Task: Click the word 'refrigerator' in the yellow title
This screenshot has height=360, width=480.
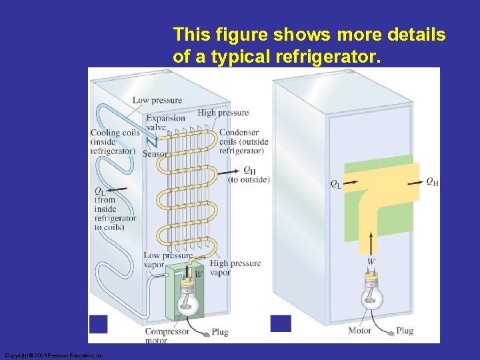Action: [x=329, y=57]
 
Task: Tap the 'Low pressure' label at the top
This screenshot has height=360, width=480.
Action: [x=157, y=101]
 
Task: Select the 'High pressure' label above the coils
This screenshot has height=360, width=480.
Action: [x=223, y=113]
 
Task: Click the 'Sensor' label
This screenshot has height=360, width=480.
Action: [x=155, y=154]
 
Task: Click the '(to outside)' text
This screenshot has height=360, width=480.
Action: [x=249, y=180]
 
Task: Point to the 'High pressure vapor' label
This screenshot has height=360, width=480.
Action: [x=235, y=267]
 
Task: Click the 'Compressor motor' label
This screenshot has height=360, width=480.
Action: [x=167, y=336]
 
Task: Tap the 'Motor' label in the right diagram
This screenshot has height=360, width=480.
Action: [x=360, y=331]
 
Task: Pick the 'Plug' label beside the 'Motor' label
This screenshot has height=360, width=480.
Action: [x=405, y=331]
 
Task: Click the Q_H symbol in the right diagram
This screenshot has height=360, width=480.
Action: [x=432, y=182]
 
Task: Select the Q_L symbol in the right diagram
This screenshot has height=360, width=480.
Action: [x=335, y=184]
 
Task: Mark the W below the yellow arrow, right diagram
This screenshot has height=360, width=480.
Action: [x=371, y=261]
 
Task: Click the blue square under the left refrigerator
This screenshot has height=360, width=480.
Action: [x=99, y=324]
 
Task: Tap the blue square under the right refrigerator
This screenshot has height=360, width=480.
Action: [x=281, y=323]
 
